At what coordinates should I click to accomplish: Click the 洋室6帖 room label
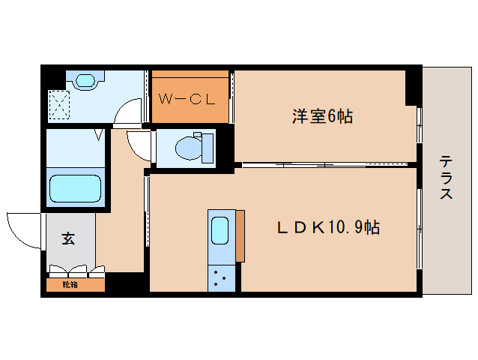[x=322, y=116]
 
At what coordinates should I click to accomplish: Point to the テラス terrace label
[x=445, y=178]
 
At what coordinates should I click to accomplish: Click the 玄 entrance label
[x=68, y=239]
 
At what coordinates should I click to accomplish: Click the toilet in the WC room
[x=190, y=147]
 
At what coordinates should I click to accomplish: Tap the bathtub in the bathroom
[x=75, y=189]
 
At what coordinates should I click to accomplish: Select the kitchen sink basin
[x=220, y=230]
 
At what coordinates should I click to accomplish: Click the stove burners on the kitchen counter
[x=220, y=278]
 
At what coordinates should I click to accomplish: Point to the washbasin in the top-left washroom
[x=82, y=79]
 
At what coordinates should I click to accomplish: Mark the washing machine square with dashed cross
[x=59, y=105]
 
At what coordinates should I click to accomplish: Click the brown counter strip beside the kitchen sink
[x=240, y=236]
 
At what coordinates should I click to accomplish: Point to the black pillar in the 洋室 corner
[x=413, y=87]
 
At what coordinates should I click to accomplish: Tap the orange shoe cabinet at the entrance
[x=75, y=285]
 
